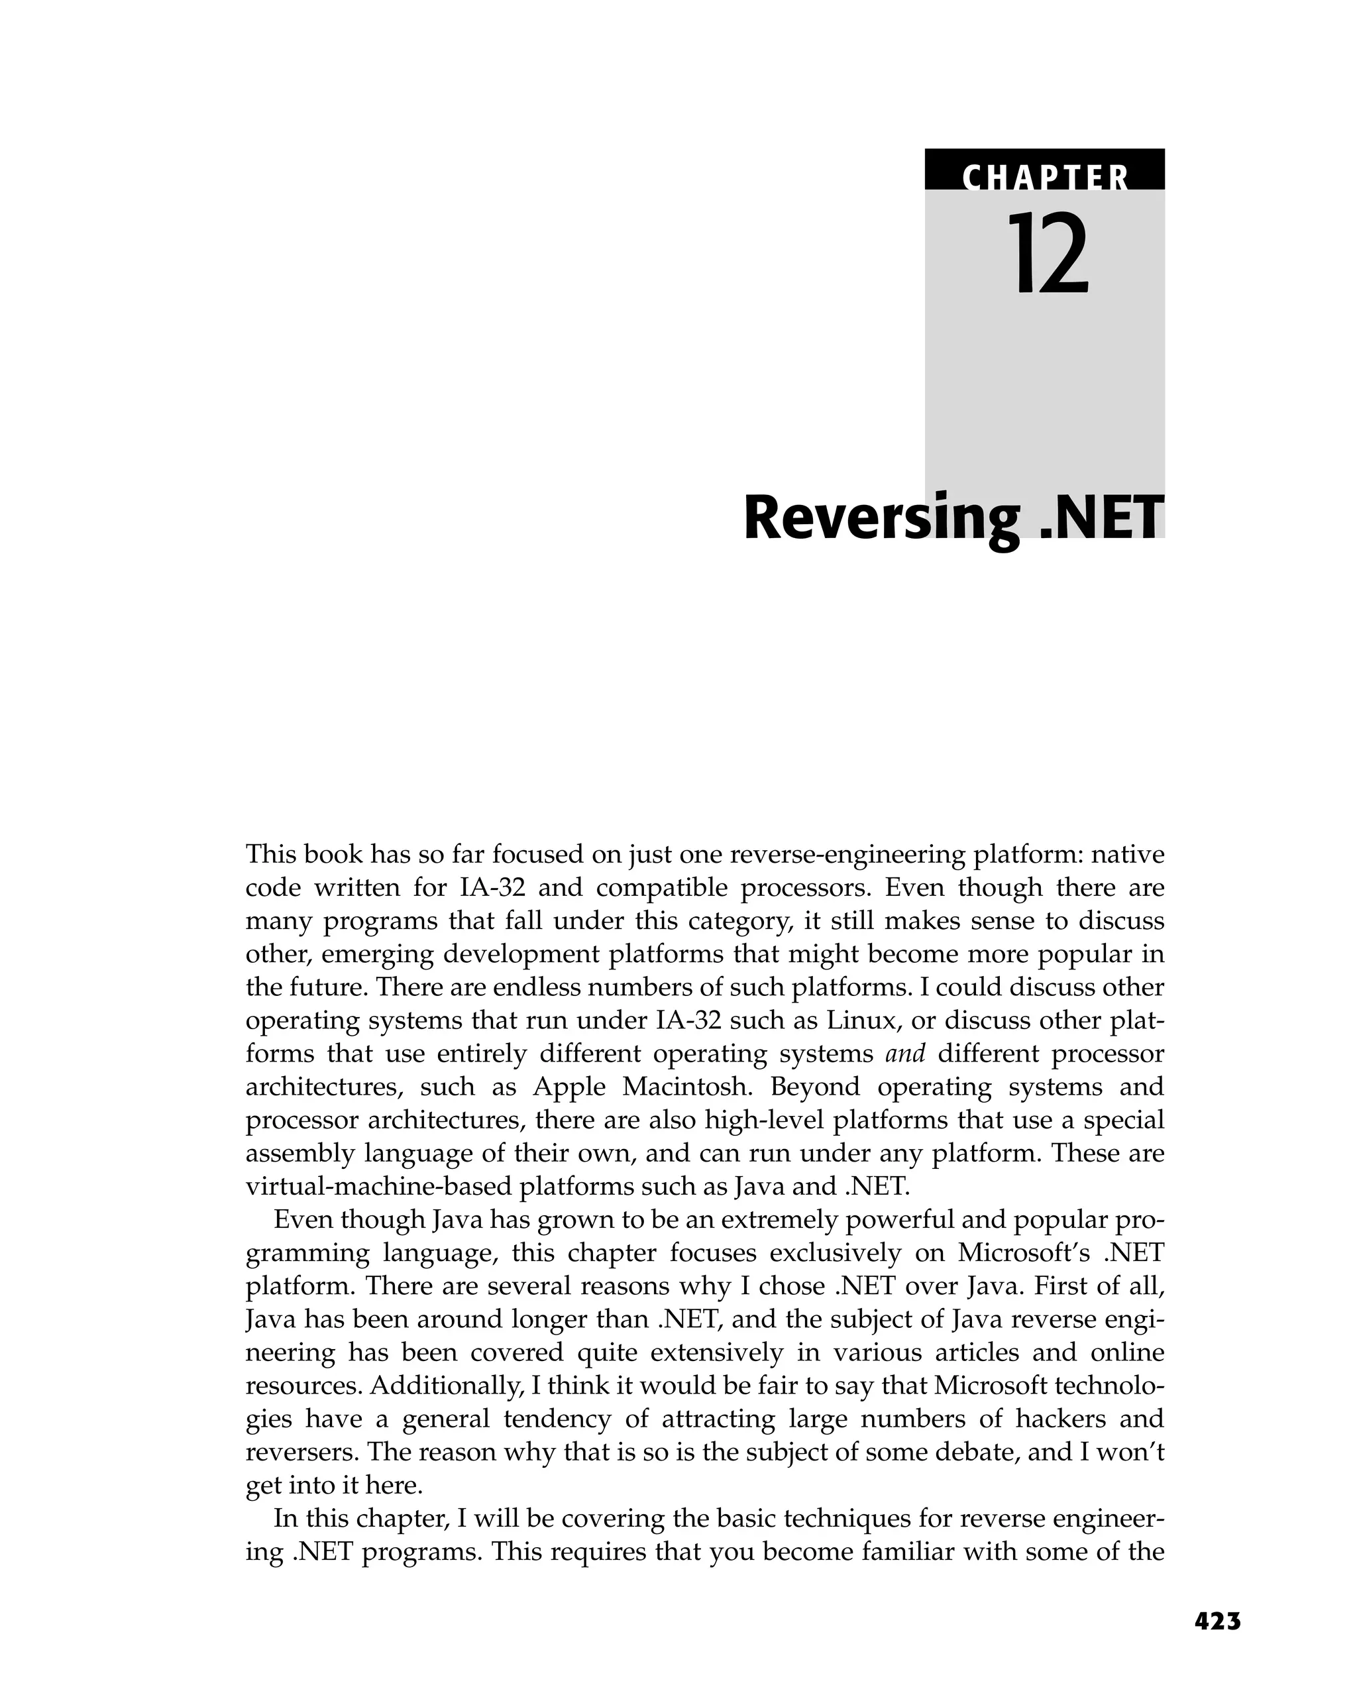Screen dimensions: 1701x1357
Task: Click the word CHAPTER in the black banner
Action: (x=1044, y=178)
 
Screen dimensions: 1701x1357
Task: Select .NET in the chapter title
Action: (x=1101, y=518)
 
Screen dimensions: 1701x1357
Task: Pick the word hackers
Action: (x=1059, y=1419)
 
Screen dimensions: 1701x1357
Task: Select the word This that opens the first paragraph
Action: (x=270, y=853)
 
